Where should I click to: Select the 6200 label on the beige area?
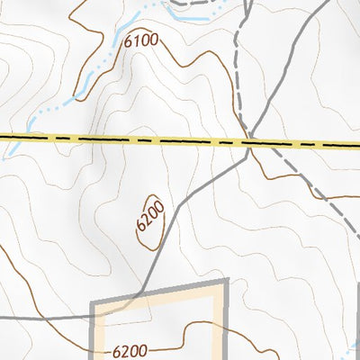point(136,348)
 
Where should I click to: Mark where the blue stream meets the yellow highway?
point(7,137)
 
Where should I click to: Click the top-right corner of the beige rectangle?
point(223,283)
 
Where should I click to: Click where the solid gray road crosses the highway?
point(249,143)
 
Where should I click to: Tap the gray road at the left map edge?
point(4,318)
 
